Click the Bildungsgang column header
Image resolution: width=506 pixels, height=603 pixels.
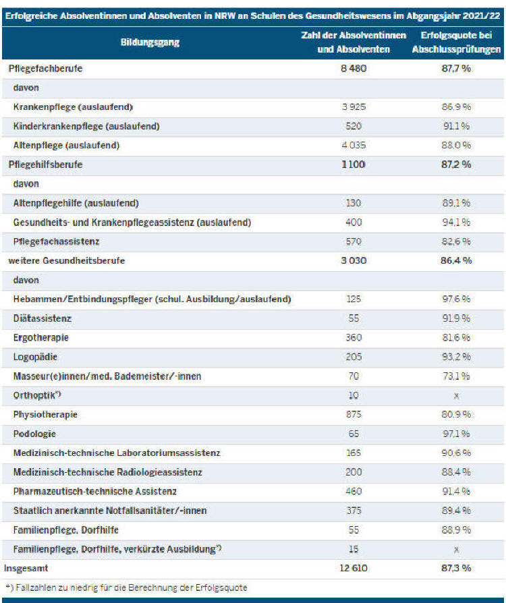coord(150,42)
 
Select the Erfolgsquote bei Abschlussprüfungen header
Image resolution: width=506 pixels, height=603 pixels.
coord(456,42)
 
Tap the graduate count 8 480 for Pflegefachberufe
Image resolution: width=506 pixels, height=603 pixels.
coord(354,68)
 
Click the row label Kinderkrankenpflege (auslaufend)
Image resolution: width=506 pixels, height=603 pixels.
coord(86,126)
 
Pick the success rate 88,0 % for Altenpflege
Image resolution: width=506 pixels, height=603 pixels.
coord(456,146)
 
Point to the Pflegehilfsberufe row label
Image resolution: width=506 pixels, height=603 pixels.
coord(45,165)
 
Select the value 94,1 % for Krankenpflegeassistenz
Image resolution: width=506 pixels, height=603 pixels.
coord(456,223)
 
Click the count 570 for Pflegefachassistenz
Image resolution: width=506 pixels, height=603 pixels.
coord(354,241)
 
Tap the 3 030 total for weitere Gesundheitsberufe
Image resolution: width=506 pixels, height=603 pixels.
coord(354,261)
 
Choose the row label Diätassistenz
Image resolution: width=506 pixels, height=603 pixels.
coord(43,318)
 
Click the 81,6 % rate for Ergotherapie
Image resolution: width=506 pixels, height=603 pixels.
coord(456,338)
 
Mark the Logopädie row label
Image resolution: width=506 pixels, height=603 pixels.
coord(35,357)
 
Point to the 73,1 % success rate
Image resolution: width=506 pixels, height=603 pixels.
coord(456,376)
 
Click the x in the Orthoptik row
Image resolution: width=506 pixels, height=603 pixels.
coord(456,396)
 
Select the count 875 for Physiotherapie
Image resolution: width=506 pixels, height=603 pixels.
coord(354,415)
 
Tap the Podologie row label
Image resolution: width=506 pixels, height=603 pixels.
coord(34,434)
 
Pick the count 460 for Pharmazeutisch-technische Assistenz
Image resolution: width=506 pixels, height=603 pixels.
coord(354,492)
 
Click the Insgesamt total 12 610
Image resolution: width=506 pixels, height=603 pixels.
coord(354,568)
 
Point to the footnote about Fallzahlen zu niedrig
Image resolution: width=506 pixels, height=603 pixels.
coord(126,587)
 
